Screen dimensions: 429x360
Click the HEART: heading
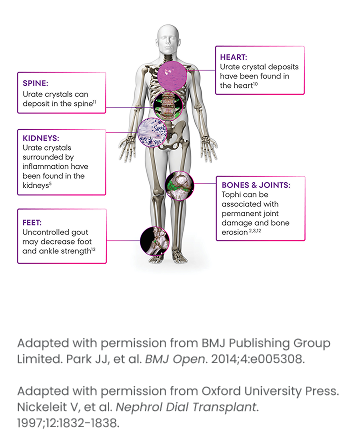coord(233,57)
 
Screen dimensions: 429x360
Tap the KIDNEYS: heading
coord(40,138)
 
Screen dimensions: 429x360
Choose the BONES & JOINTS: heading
coord(255,185)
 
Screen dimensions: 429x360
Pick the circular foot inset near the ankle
coord(153,241)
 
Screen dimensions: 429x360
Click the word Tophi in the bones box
coord(232,195)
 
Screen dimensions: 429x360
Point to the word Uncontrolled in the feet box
coord(47,232)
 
